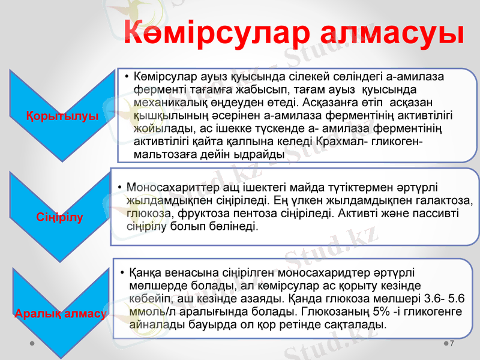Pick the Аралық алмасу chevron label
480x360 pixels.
(60, 313)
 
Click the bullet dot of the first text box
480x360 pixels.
(127, 77)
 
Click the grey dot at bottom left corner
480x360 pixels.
(31, 344)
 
